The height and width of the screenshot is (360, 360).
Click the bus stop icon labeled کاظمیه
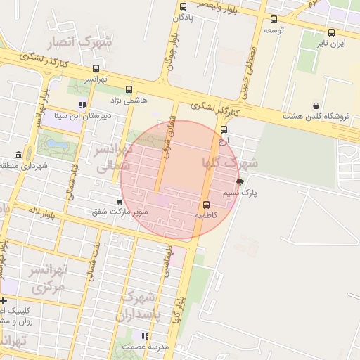point(206,205)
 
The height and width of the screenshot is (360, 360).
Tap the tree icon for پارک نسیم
point(240,182)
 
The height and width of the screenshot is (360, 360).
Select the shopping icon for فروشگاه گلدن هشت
point(316,105)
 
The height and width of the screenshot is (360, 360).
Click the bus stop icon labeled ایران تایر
point(331,32)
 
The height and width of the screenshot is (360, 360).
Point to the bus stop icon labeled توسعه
point(274,19)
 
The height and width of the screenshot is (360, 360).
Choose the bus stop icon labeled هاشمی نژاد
point(129,89)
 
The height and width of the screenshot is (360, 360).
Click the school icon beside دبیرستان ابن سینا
point(82,105)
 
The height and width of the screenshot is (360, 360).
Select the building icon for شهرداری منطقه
point(18,155)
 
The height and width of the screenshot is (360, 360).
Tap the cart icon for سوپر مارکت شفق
point(120,201)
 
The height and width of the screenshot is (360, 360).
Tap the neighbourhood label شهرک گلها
point(231,162)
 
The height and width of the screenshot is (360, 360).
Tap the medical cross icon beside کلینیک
point(4,301)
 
